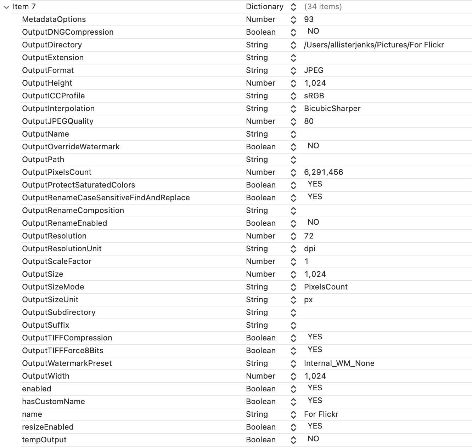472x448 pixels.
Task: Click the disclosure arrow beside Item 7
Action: point(6,7)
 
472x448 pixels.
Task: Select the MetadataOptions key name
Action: point(54,19)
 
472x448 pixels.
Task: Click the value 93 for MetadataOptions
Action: point(309,19)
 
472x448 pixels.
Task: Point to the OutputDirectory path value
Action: point(374,45)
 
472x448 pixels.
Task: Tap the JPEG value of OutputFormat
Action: point(314,70)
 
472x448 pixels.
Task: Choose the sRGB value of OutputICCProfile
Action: point(314,96)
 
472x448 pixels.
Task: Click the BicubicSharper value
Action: point(332,109)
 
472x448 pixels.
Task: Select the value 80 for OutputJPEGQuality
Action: point(309,121)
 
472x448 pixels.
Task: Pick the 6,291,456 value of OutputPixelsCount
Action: point(324,172)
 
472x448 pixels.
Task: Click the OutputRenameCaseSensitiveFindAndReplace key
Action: point(106,198)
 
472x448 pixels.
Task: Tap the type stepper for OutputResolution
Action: point(293,236)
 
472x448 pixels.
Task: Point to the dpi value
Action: point(310,249)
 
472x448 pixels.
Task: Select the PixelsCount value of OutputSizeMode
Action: point(326,287)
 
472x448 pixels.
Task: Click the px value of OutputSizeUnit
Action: point(308,300)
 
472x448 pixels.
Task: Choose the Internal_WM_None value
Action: point(339,363)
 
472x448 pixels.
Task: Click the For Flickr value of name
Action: point(321,414)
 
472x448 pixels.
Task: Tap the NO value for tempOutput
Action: point(313,439)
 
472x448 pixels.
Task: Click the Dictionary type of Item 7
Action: point(265,7)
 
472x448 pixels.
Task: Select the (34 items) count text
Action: point(323,7)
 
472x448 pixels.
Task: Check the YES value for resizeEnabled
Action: point(315,426)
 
